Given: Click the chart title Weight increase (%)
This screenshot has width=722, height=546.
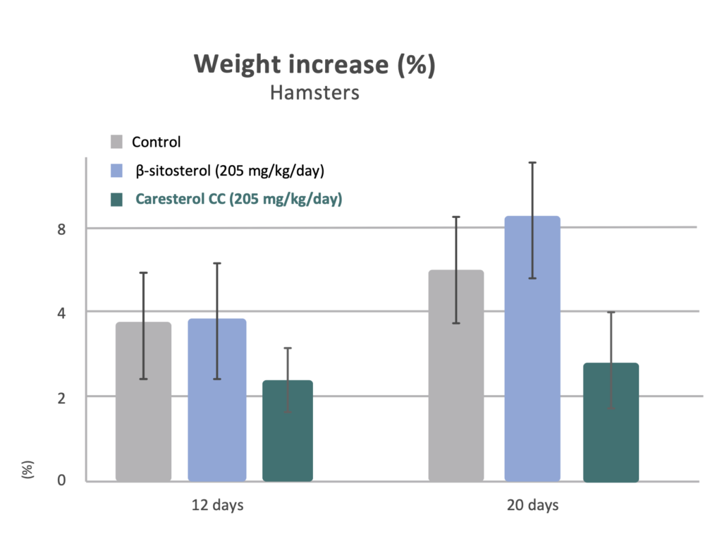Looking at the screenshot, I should [x=314, y=65].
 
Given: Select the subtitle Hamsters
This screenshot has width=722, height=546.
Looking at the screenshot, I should [x=314, y=92].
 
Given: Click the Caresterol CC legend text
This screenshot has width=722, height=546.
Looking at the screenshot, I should [x=238, y=200].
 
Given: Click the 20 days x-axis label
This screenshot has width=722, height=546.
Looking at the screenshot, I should [x=532, y=506].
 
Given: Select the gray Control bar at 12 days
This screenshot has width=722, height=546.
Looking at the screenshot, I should [x=143, y=402].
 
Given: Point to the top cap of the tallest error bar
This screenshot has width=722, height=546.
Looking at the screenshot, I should [x=533, y=163].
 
